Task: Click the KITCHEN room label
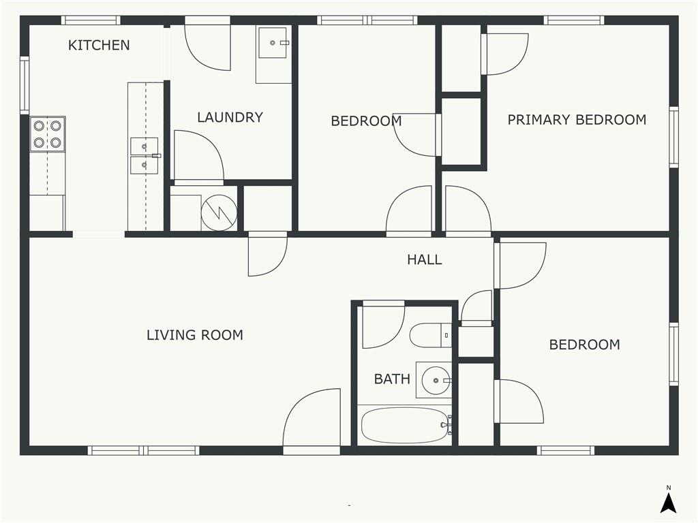click(x=99, y=45)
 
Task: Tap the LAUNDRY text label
click(x=230, y=117)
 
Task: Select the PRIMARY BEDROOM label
click(x=577, y=120)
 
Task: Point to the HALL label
click(x=425, y=259)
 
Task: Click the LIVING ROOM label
click(x=195, y=335)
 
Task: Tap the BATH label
click(x=392, y=379)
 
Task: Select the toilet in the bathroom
click(x=431, y=335)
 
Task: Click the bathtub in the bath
click(x=405, y=425)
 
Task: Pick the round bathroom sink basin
click(x=436, y=381)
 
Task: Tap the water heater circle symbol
click(x=219, y=213)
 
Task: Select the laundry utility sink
click(x=274, y=42)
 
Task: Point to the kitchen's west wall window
click(x=25, y=85)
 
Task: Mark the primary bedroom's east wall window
click(x=674, y=137)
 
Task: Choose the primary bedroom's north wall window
click(x=574, y=20)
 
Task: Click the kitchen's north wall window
click(x=91, y=20)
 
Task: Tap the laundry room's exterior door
click(x=208, y=43)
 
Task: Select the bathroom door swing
click(x=384, y=325)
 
